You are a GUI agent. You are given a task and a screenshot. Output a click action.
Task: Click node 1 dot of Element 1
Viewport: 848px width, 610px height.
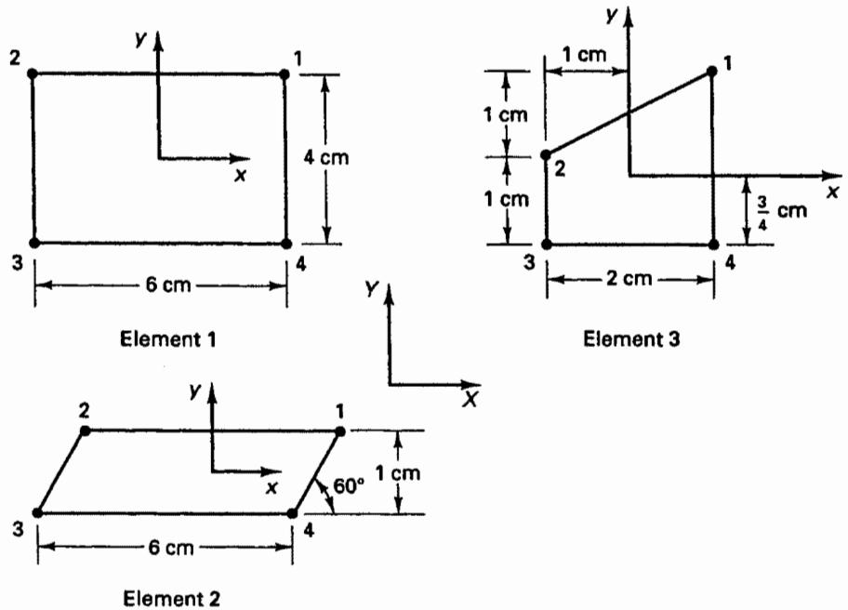point(285,74)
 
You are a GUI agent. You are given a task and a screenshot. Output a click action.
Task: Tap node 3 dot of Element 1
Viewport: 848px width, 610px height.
point(34,243)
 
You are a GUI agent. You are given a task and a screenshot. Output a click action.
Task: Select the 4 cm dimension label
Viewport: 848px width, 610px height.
point(326,157)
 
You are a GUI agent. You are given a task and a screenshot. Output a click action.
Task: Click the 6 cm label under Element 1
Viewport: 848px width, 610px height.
point(168,285)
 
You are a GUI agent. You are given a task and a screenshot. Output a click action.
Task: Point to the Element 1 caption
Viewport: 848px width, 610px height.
point(167,339)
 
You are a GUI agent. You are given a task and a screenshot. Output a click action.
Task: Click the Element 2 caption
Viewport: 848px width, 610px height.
point(171,599)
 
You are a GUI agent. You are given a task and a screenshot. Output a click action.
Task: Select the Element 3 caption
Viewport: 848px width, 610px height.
point(631,339)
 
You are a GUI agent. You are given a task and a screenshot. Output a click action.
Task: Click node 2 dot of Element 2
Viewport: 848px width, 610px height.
point(85,431)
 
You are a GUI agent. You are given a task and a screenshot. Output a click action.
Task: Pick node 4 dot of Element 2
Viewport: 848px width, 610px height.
point(293,513)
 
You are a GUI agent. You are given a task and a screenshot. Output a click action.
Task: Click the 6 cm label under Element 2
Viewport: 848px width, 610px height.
point(171,548)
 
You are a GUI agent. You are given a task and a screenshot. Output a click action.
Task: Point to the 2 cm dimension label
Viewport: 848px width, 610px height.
point(629,279)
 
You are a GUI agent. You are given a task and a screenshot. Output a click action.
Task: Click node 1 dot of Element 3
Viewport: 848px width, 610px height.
point(712,71)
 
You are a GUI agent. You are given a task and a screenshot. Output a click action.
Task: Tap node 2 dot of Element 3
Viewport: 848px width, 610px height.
point(546,155)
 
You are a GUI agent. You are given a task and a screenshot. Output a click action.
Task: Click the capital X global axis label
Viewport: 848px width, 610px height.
point(471,399)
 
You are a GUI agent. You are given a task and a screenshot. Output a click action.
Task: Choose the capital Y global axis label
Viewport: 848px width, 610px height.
point(372,289)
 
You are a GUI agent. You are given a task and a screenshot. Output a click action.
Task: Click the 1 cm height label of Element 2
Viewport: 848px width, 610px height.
point(398,473)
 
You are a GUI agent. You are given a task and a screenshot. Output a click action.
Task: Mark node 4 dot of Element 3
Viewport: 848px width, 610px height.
point(713,245)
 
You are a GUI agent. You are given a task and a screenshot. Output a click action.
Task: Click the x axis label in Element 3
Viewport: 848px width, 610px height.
point(833,192)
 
